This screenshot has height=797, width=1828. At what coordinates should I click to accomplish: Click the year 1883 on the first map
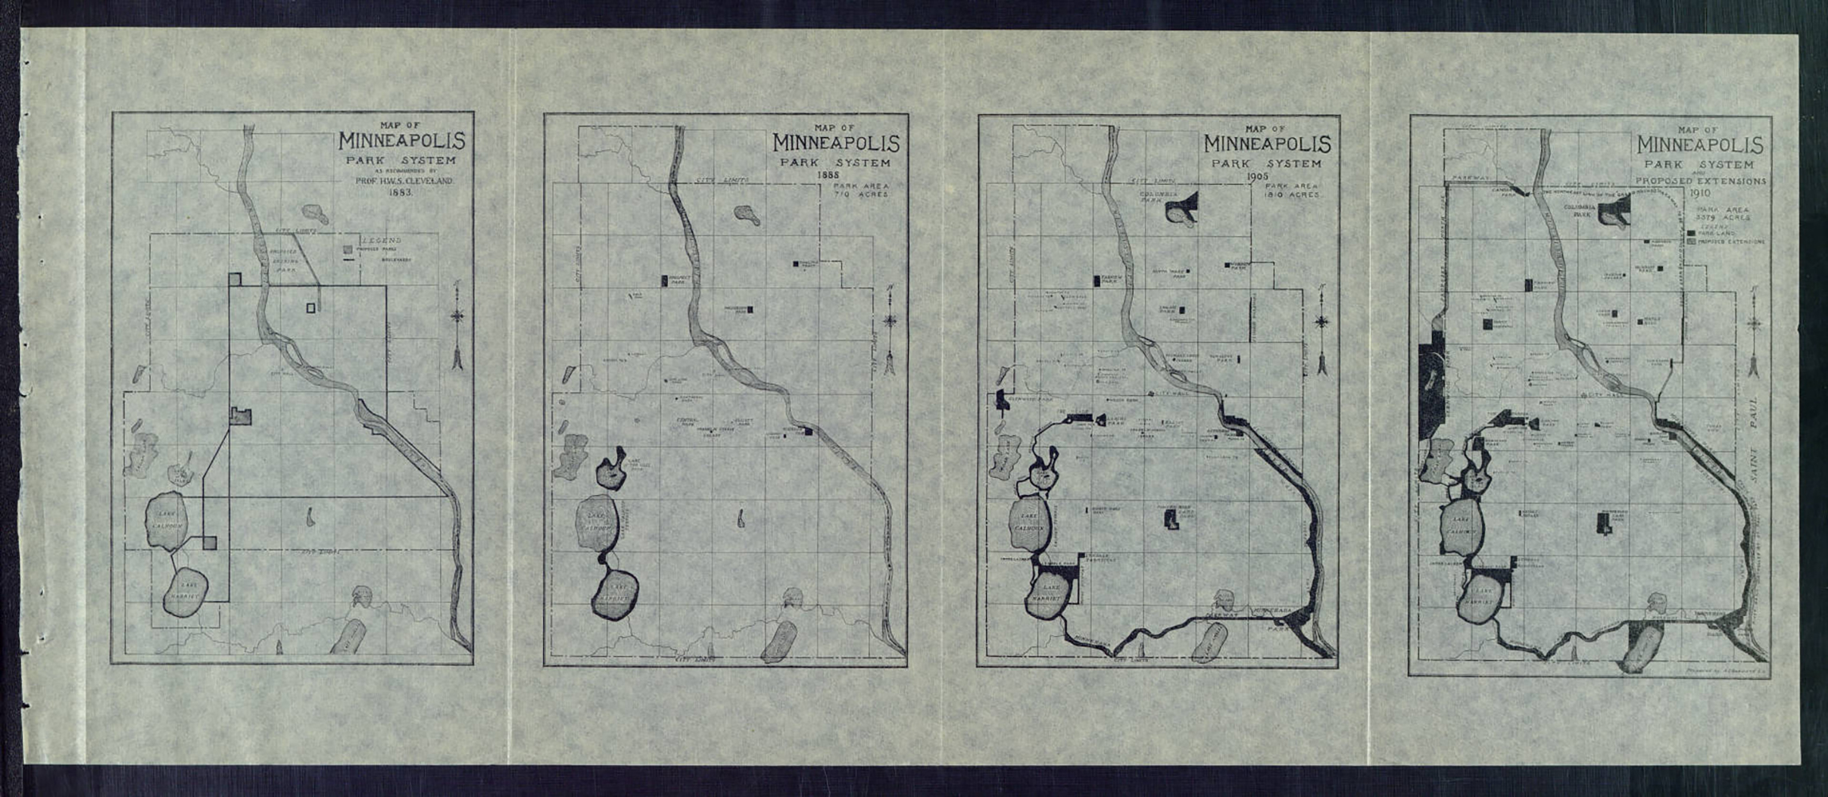click(x=399, y=193)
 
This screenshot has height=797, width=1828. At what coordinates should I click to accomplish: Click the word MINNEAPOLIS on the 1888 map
click(x=835, y=144)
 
